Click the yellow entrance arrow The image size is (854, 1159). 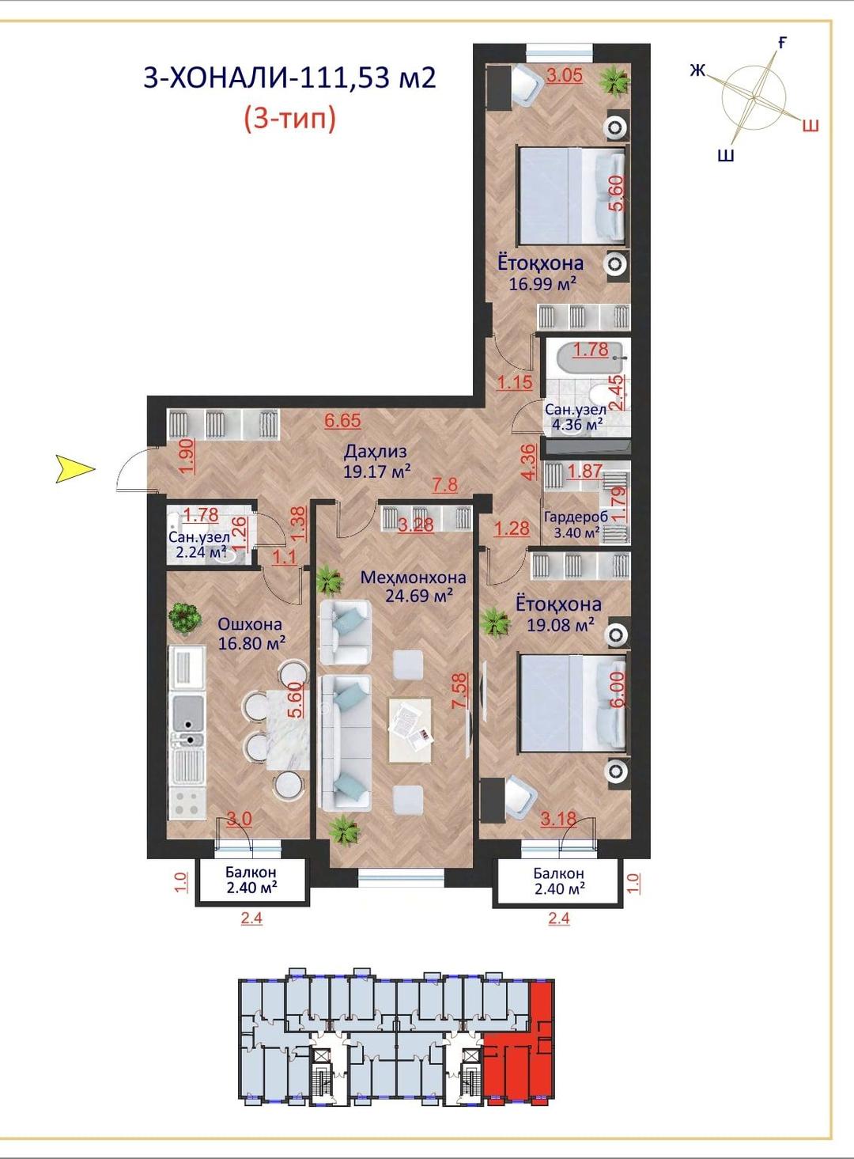click(x=75, y=469)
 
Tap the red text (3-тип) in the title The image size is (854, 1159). click(x=290, y=119)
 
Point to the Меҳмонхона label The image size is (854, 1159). click(x=413, y=577)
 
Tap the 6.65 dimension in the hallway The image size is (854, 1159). click(x=342, y=420)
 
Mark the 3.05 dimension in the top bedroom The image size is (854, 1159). click(x=565, y=75)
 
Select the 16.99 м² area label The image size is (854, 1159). click(x=542, y=284)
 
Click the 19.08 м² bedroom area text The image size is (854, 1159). click(x=560, y=625)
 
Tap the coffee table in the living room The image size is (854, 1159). click(x=410, y=730)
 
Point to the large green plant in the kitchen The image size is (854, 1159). click(x=185, y=618)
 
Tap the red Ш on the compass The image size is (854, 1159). click(x=811, y=126)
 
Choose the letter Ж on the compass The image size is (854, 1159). click(x=697, y=70)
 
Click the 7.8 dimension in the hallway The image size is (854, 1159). click(x=445, y=485)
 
